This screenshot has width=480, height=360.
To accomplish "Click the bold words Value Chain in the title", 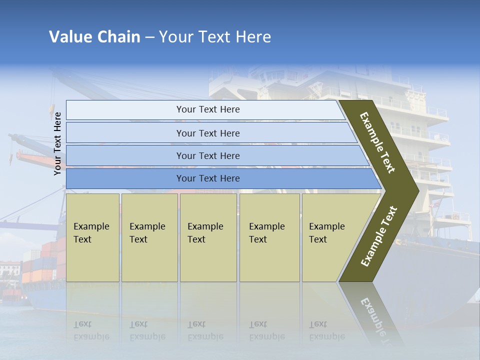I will coord(94,37).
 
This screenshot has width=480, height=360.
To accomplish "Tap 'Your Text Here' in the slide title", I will coord(215,37).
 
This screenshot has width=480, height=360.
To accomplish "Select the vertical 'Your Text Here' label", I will coord(57,143).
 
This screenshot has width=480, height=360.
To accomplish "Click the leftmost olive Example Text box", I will coord(92,237).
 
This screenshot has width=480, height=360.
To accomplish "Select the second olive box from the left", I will coord(149,237).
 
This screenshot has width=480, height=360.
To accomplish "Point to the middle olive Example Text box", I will coord(208,237).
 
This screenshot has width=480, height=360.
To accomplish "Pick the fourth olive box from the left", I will coord(269,237).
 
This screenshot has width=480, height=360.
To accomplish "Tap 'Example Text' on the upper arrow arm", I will coord(377,142).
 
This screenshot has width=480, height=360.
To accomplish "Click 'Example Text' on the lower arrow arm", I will coord(378,236).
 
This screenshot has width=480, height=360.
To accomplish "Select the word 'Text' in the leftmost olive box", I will coord(82,239).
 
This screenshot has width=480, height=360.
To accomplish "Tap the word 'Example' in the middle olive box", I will coord(205,226).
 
